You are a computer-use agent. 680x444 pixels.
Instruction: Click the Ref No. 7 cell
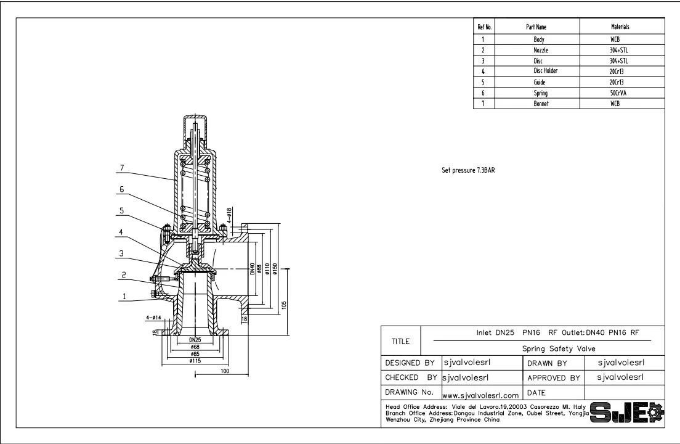point(484,104)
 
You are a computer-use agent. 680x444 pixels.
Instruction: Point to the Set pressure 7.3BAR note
point(468,170)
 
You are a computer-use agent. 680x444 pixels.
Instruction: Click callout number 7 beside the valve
point(123,168)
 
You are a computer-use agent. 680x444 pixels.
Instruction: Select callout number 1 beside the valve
point(124,297)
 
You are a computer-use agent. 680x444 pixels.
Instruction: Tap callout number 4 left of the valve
point(121,232)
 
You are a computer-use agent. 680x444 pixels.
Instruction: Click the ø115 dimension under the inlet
point(195,361)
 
